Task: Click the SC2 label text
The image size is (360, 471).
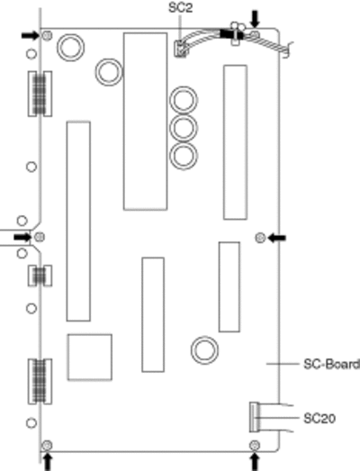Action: pyautogui.click(x=181, y=7)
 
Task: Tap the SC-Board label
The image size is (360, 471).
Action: pyautogui.click(x=331, y=364)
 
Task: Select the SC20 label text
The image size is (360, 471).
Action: pyautogui.click(x=319, y=419)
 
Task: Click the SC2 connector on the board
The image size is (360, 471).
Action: pyautogui.click(x=180, y=49)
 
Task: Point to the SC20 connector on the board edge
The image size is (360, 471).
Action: pyautogui.click(x=255, y=417)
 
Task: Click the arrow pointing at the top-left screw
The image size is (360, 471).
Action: pyautogui.click(x=31, y=35)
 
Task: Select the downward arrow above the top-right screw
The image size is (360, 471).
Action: pyautogui.click(x=256, y=19)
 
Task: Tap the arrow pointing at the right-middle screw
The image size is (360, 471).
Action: pyautogui.click(x=277, y=239)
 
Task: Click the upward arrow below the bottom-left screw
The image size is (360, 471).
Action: pyautogui.click(x=48, y=462)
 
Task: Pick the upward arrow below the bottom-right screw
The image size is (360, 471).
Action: pyautogui.click(x=255, y=462)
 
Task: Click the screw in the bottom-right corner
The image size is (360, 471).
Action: pyautogui.click(x=255, y=445)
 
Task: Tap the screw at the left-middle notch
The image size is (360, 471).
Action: pyautogui.click(x=39, y=237)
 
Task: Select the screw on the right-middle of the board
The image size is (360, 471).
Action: pyautogui.click(x=260, y=238)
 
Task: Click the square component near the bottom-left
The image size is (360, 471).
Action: pyautogui.click(x=90, y=358)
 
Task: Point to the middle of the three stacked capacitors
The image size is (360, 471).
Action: pyautogui.click(x=184, y=128)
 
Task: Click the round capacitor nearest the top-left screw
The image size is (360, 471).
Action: pyautogui.click(x=70, y=48)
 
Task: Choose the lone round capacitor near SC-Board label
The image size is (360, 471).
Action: pyautogui.click(x=204, y=350)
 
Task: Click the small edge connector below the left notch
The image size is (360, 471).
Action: pyautogui.click(x=40, y=276)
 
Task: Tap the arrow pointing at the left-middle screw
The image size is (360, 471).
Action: pyautogui.click(x=22, y=238)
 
